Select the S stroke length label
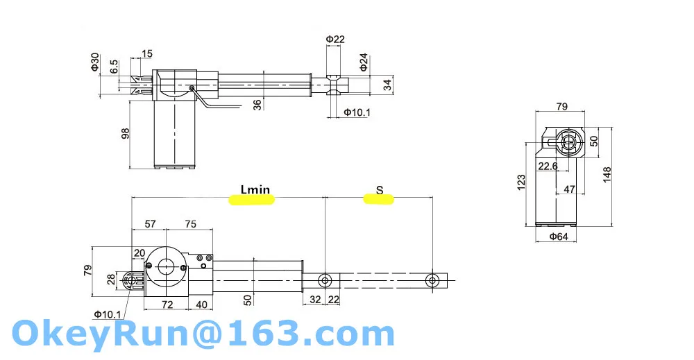pyautogui.click(x=379, y=190)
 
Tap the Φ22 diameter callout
pyautogui.click(x=335, y=39)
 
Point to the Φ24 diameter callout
pyautogui.click(x=364, y=63)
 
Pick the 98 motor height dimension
pyautogui.click(x=126, y=133)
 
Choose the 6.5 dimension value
pyautogui.click(x=114, y=67)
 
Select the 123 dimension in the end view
pyautogui.click(x=521, y=181)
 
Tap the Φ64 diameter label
pyautogui.click(x=559, y=237)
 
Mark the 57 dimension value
pyautogui.click(x=149, y=224)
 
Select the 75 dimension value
pyautogui.click(x=191, y=224)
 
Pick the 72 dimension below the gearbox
pyautogui.click(x=167, y=305)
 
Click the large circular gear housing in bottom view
pyautogui.click(x=167, y=266)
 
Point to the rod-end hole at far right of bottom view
pyautogui.click(x=432, y=280)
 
